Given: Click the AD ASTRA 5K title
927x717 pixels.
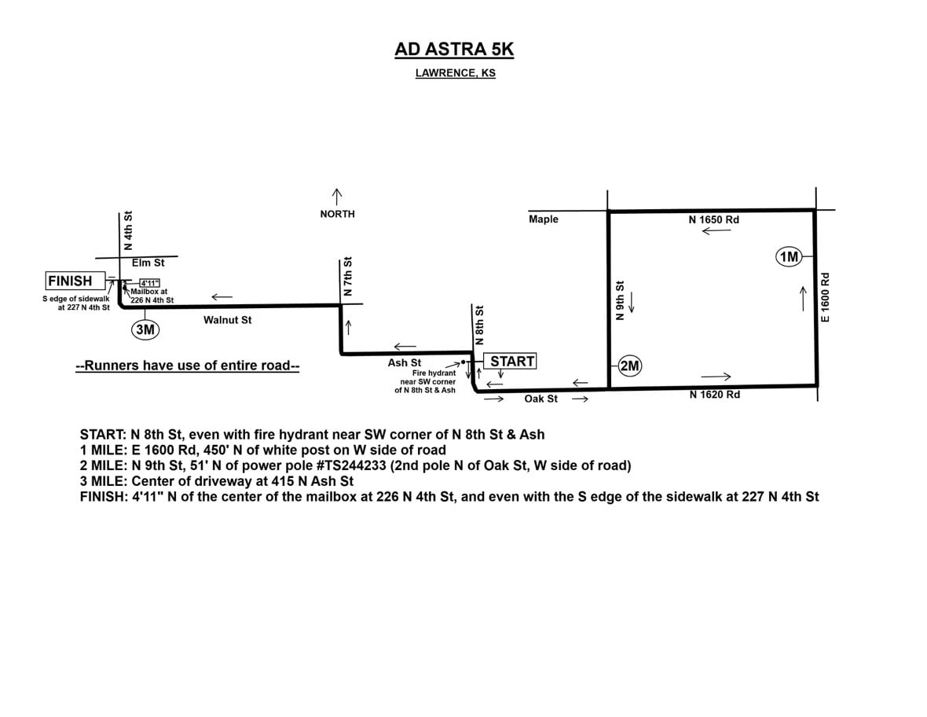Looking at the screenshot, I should [x=454, y=50].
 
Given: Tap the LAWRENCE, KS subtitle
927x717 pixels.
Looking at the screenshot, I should [x=455, y=74].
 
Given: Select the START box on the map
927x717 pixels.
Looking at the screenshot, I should [x=512, y=361].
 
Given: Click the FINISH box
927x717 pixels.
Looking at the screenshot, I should [x=70, y=281].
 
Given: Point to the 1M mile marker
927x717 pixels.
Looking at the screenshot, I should [x=788, y=256].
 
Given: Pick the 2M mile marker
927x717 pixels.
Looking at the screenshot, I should [x=631, y=366].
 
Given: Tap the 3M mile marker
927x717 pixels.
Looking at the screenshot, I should [x=145, y=330].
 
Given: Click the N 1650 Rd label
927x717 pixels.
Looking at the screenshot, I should [x=713, y=220].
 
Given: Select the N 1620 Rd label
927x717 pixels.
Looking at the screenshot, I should [x=714, y=395].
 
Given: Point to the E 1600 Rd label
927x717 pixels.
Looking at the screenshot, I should [x=825, y=296].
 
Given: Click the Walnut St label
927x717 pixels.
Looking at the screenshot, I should [x=227, y=320].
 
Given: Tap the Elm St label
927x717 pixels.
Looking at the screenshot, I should [x=148, y=263].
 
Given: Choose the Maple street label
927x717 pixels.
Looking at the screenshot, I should [x=544, y=219].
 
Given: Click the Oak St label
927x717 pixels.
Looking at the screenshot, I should [x=540, y=399].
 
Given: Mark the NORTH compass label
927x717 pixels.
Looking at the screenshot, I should [x=337, y=214].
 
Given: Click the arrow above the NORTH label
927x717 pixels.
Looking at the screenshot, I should [x=337, y=194].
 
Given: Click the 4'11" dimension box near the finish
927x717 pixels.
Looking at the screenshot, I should [x=149, y=283].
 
